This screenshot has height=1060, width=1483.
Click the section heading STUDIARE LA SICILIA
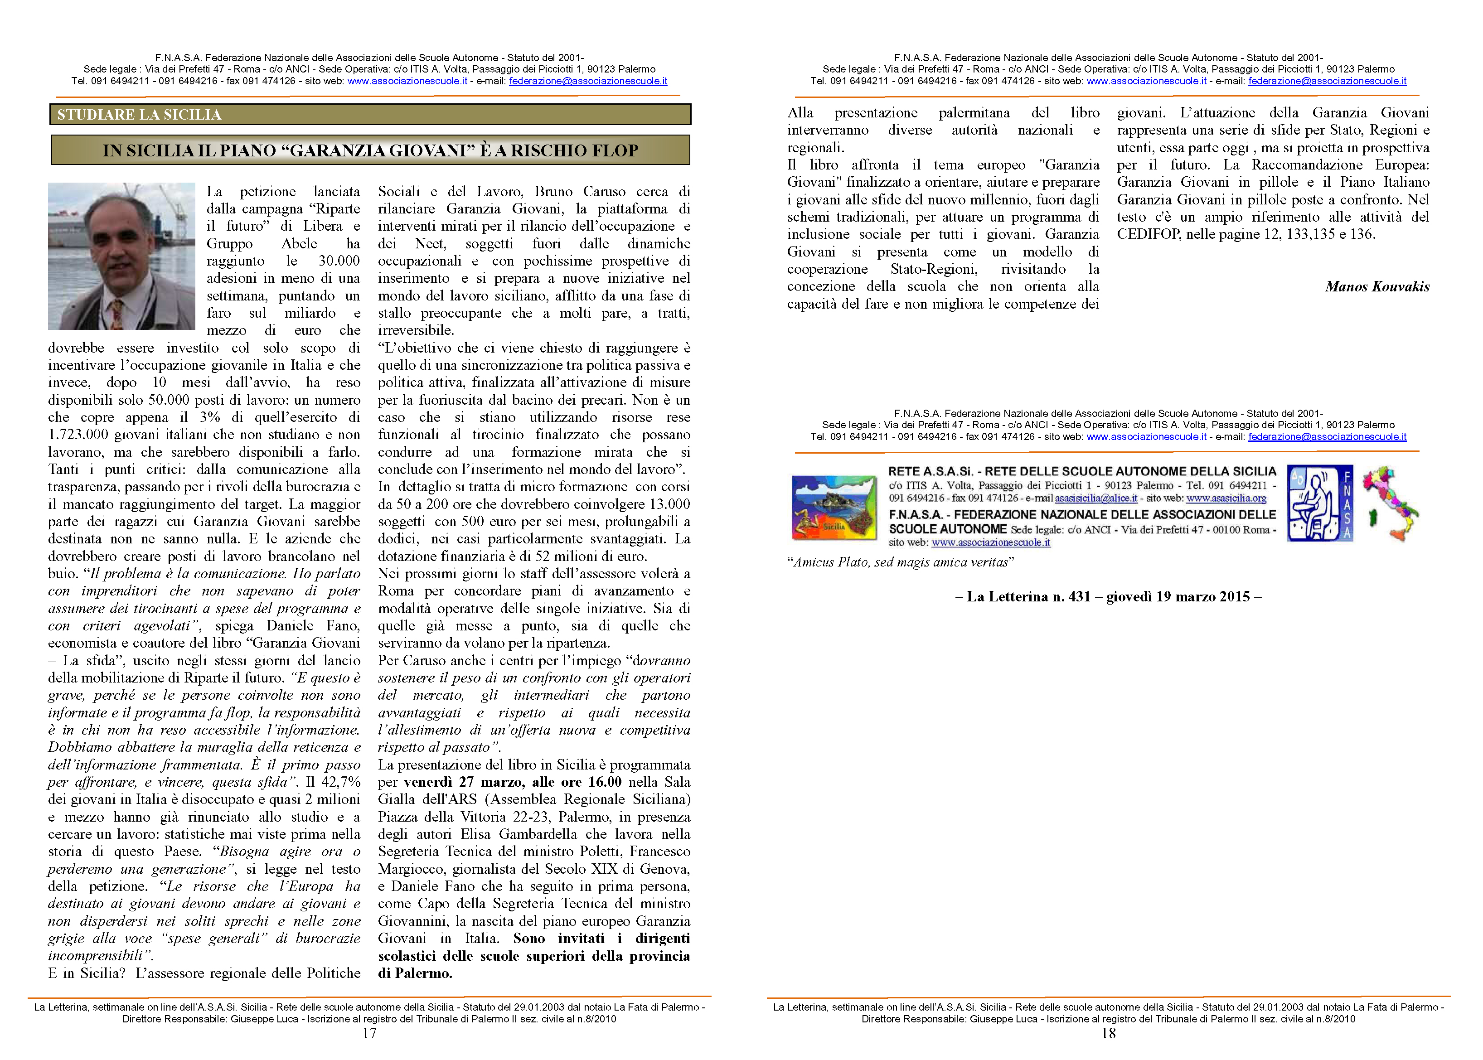pyautogui.click(x=139, y=115)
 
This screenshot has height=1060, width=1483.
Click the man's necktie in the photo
pyautogui.click(x=117, y=312)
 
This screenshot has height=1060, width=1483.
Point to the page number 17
pyautogui.click(x=369, y=1033)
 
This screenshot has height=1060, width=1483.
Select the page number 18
pyautogui.click(x=1108, y=1033)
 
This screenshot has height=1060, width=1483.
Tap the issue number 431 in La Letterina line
pyautogui.click(x=1079, y=596)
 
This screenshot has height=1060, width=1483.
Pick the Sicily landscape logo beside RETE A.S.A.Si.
pyautogui.click(x=834, y=507)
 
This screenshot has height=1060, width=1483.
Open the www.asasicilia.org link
pyautogui.click(x=1226, y=498)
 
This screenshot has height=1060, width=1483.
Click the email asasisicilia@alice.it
pyautogui.click(x=1096, y=498)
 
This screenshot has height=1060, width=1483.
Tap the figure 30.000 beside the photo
pyautogui.click(x=339, y=261)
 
